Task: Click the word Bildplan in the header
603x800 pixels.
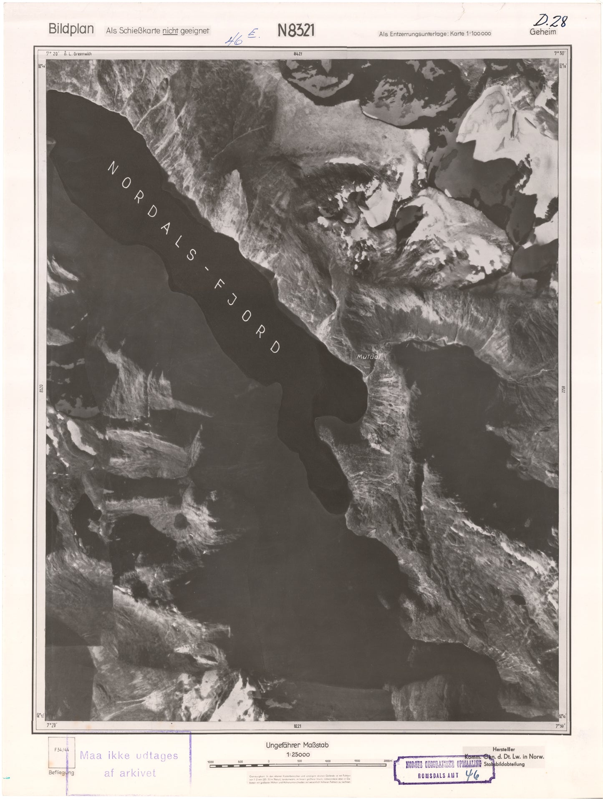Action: [x=71, y=30]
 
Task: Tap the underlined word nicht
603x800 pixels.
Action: [x=170, y=31]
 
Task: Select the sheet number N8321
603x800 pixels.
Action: [x=295, y=30]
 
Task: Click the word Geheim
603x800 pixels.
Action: [x=543, y=32]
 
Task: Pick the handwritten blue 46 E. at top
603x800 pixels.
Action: [x=242, y=39]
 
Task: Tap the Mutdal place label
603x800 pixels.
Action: [x=366, y=357]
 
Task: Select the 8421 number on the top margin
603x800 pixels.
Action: [x=298, y=54]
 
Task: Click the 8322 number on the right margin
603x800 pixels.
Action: [x=562, y=389]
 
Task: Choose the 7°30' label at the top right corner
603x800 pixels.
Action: [x=559, y=53]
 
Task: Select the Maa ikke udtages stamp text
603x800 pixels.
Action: [x=129, y=755]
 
